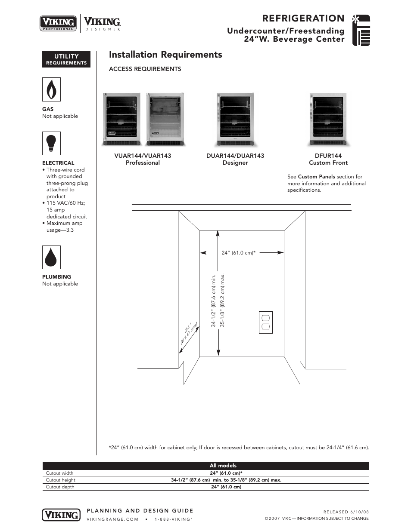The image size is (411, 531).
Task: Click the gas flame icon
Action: pyautogui.click(x=51, y=89)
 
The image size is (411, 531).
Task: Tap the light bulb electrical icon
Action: pyautogui.click(x=51, y=143)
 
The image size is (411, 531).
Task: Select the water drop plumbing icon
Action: pyautogui.click(x=51, y=257)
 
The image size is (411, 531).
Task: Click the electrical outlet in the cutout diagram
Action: pyautogui.click(x=266, y=322)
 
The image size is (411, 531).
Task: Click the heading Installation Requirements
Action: pyautogui.click(x=165, y=55)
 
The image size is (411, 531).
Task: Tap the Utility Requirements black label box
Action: pyautogui.click(x=66, y=59)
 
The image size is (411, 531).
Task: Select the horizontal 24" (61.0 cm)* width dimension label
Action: pyautogui.click(x=239, y=253)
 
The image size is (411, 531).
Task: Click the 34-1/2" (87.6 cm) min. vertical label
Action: pyautogui.click(x=213, y=301)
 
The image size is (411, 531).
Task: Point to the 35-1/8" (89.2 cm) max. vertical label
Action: pyautogui.click(x=223, y=301)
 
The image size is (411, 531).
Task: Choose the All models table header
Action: pyautogui.click(x=223, y=466)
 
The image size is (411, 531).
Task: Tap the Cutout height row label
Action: pyautogui.click(x=60, y=480)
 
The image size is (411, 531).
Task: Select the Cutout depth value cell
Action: pyautogui.click(x=226, y=487)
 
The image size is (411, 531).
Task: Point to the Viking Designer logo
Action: pyautogui.click(x=102, y=23)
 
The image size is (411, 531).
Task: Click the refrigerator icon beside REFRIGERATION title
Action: pyautogui.click(x=361, y=31)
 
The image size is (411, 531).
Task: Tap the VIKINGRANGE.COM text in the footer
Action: pyautogui.click(x=112, y=519)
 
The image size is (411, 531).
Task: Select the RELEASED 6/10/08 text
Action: pyautogui.click(x=346, y=512)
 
